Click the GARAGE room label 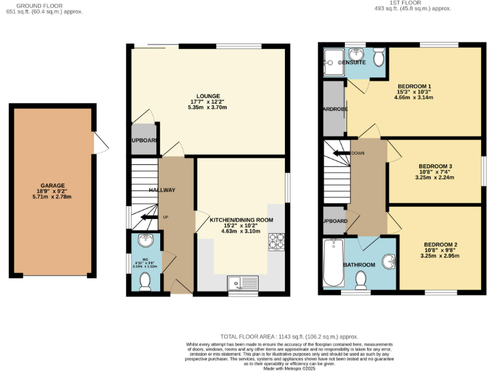53,185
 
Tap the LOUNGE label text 208,96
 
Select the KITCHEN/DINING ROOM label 241,220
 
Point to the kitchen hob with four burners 277,241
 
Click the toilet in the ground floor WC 145,280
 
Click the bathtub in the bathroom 333,263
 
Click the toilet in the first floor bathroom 360,280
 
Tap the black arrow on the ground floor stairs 149,217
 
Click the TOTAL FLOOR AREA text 288,336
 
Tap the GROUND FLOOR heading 44,5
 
